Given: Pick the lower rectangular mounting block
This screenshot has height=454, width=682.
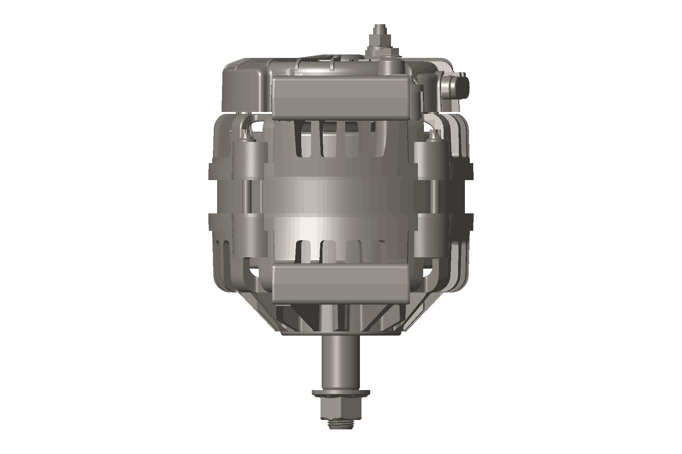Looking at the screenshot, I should click(340, 284).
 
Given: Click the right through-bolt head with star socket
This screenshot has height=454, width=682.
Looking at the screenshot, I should click(433, 134).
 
